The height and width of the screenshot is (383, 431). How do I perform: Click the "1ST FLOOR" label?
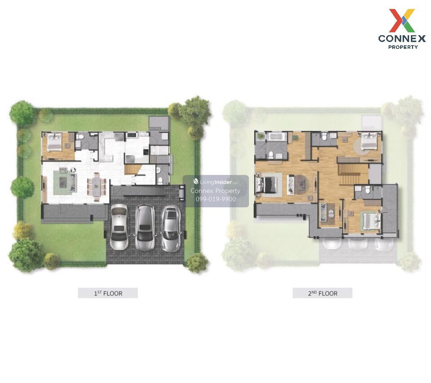point(108,293)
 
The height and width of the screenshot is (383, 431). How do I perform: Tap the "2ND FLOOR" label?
point(323,293)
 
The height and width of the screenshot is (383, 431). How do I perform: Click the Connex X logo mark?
point(402,20)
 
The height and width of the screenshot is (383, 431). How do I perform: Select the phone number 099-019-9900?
point(215,199)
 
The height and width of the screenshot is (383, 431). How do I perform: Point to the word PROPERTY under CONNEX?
point(403,47)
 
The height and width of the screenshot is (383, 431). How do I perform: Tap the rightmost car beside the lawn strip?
point(171,229)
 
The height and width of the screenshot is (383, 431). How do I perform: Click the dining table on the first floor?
point(96,186)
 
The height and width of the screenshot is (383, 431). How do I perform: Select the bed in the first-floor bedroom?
point(54,142)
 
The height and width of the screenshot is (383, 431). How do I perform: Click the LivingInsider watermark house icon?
point(196,181)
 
